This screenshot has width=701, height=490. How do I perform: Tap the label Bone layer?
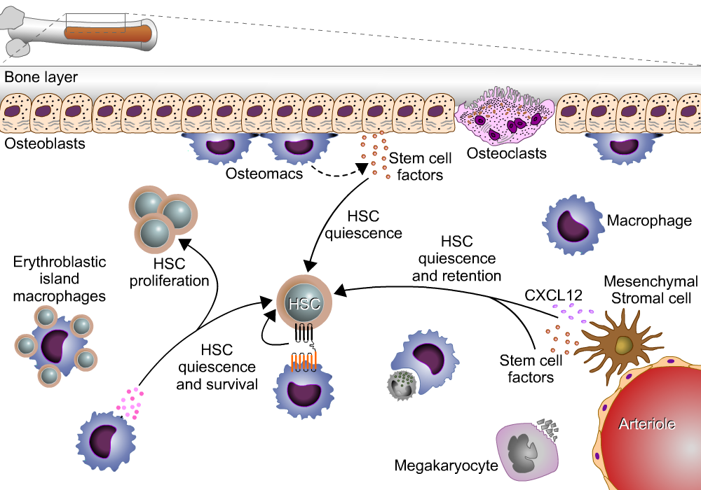point(41,76)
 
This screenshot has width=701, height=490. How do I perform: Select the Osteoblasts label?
point(45,144)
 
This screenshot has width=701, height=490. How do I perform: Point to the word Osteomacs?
point(264,173)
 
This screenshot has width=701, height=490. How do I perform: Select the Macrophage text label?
point(649,221)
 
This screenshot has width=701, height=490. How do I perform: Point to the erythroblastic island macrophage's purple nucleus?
point(56,345)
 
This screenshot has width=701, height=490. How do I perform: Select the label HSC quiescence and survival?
point(217,366)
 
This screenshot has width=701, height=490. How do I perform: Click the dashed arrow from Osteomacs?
point(336,174)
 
